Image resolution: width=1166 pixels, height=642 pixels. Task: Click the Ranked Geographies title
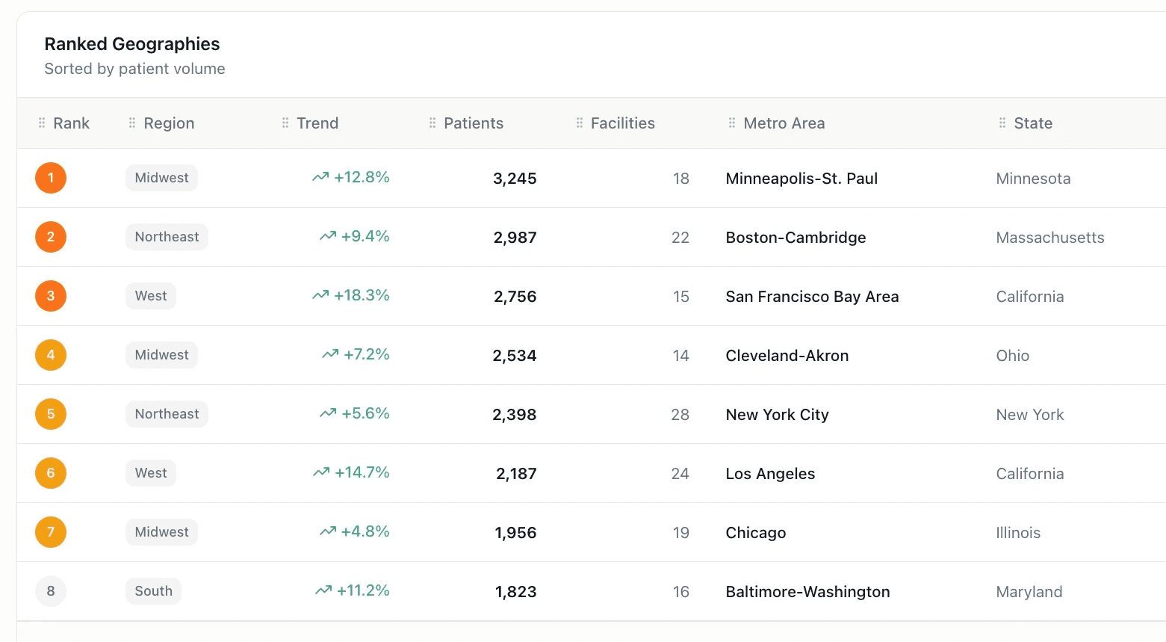point(132,44)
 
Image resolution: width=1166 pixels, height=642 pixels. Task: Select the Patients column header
point(473,123)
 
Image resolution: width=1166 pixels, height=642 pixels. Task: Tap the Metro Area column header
point(784,123)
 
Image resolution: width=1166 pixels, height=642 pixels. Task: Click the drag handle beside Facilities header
point(580,123)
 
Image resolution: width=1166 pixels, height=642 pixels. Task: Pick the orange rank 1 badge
point(51,178)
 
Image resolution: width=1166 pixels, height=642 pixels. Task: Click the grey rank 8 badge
point(51,591)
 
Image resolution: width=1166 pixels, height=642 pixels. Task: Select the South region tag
point(153,591)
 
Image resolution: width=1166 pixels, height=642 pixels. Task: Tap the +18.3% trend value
point(362,295)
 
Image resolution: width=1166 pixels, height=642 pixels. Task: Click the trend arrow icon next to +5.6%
point(328,413)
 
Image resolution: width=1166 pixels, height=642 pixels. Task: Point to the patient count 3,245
point(515,179)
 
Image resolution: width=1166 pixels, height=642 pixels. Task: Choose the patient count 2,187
point(516,474)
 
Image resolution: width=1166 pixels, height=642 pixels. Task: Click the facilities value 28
point(680,415)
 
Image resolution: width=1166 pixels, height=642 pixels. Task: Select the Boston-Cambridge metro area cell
point(796,238)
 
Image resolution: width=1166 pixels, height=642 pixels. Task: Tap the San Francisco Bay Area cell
point(812,297)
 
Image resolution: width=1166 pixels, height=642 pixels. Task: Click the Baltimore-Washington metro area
point(807,592)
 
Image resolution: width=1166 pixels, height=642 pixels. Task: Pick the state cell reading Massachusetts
point(1049,238)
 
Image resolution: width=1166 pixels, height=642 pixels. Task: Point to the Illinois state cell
point(1017,533)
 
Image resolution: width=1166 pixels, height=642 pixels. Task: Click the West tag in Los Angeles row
point(151,473)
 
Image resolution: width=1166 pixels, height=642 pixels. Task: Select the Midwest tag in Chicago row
point(161,532)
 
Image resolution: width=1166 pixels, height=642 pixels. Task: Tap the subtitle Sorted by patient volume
point(134,69)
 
